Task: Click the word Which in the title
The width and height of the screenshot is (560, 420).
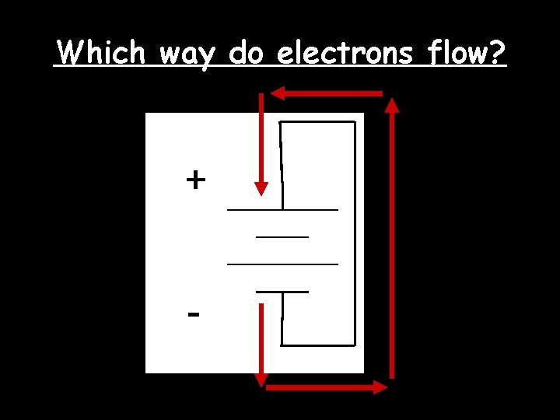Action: [101, 53]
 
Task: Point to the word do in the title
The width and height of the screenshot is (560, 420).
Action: [247, 53]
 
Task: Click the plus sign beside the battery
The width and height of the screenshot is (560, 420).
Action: [196, 180]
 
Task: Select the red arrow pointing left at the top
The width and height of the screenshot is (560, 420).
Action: [327, 93]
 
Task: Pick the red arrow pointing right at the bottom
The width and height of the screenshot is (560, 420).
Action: [327, 387]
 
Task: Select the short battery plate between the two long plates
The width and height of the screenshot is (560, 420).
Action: [282, 236]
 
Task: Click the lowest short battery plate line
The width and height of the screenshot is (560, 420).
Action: [282, 292]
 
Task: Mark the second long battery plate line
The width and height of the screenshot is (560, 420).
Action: [282, 264]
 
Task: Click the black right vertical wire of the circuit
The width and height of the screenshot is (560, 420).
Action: [355, 233]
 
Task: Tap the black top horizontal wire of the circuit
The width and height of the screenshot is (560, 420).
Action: [317, 122]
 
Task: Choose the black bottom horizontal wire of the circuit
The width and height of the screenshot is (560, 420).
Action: [317, 345]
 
